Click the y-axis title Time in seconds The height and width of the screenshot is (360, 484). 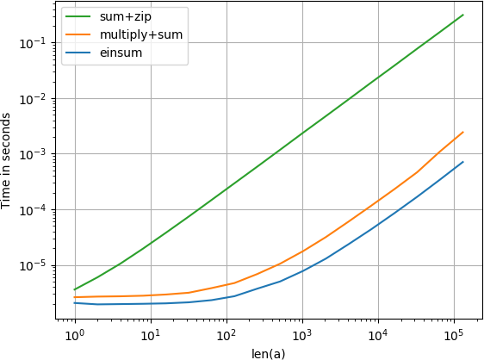tap(8, 163)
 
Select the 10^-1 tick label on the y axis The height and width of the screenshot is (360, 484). tap(40, 43)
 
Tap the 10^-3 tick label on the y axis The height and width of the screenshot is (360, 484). tap(40, 154)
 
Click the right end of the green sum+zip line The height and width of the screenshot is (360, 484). tap(463, 15)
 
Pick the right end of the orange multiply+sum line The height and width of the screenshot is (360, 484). tap(463, 132)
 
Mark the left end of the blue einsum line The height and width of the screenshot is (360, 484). tap(75, 302)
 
